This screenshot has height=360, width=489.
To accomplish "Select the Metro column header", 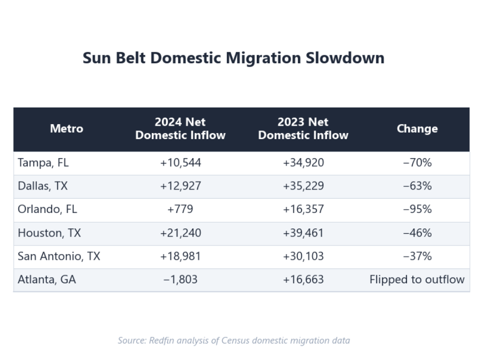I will (67, 129).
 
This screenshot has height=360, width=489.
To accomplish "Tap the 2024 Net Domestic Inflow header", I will (180, 129).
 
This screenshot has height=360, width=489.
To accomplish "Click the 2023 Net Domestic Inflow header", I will (303, 129).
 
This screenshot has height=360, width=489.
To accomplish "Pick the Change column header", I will (417, 129).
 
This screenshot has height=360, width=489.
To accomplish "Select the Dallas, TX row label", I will (43, 186).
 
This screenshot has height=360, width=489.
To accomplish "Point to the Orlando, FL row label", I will (47, 209).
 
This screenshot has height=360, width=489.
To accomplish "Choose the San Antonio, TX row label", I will (59, 256).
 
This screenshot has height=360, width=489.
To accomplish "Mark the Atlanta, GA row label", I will (47, 279).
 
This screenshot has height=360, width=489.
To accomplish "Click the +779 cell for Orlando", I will (180, 209).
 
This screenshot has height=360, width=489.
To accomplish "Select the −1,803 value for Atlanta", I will (180, 279).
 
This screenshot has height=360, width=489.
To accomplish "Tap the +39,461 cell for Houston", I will (303, 233).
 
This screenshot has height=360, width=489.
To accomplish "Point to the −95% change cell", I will (417, 209).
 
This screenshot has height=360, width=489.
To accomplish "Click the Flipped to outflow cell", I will (417, 279).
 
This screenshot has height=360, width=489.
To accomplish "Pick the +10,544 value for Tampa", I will (180, 163).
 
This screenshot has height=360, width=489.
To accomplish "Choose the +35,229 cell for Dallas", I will (303, 186).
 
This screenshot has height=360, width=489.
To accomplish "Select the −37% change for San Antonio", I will (417, 256).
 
